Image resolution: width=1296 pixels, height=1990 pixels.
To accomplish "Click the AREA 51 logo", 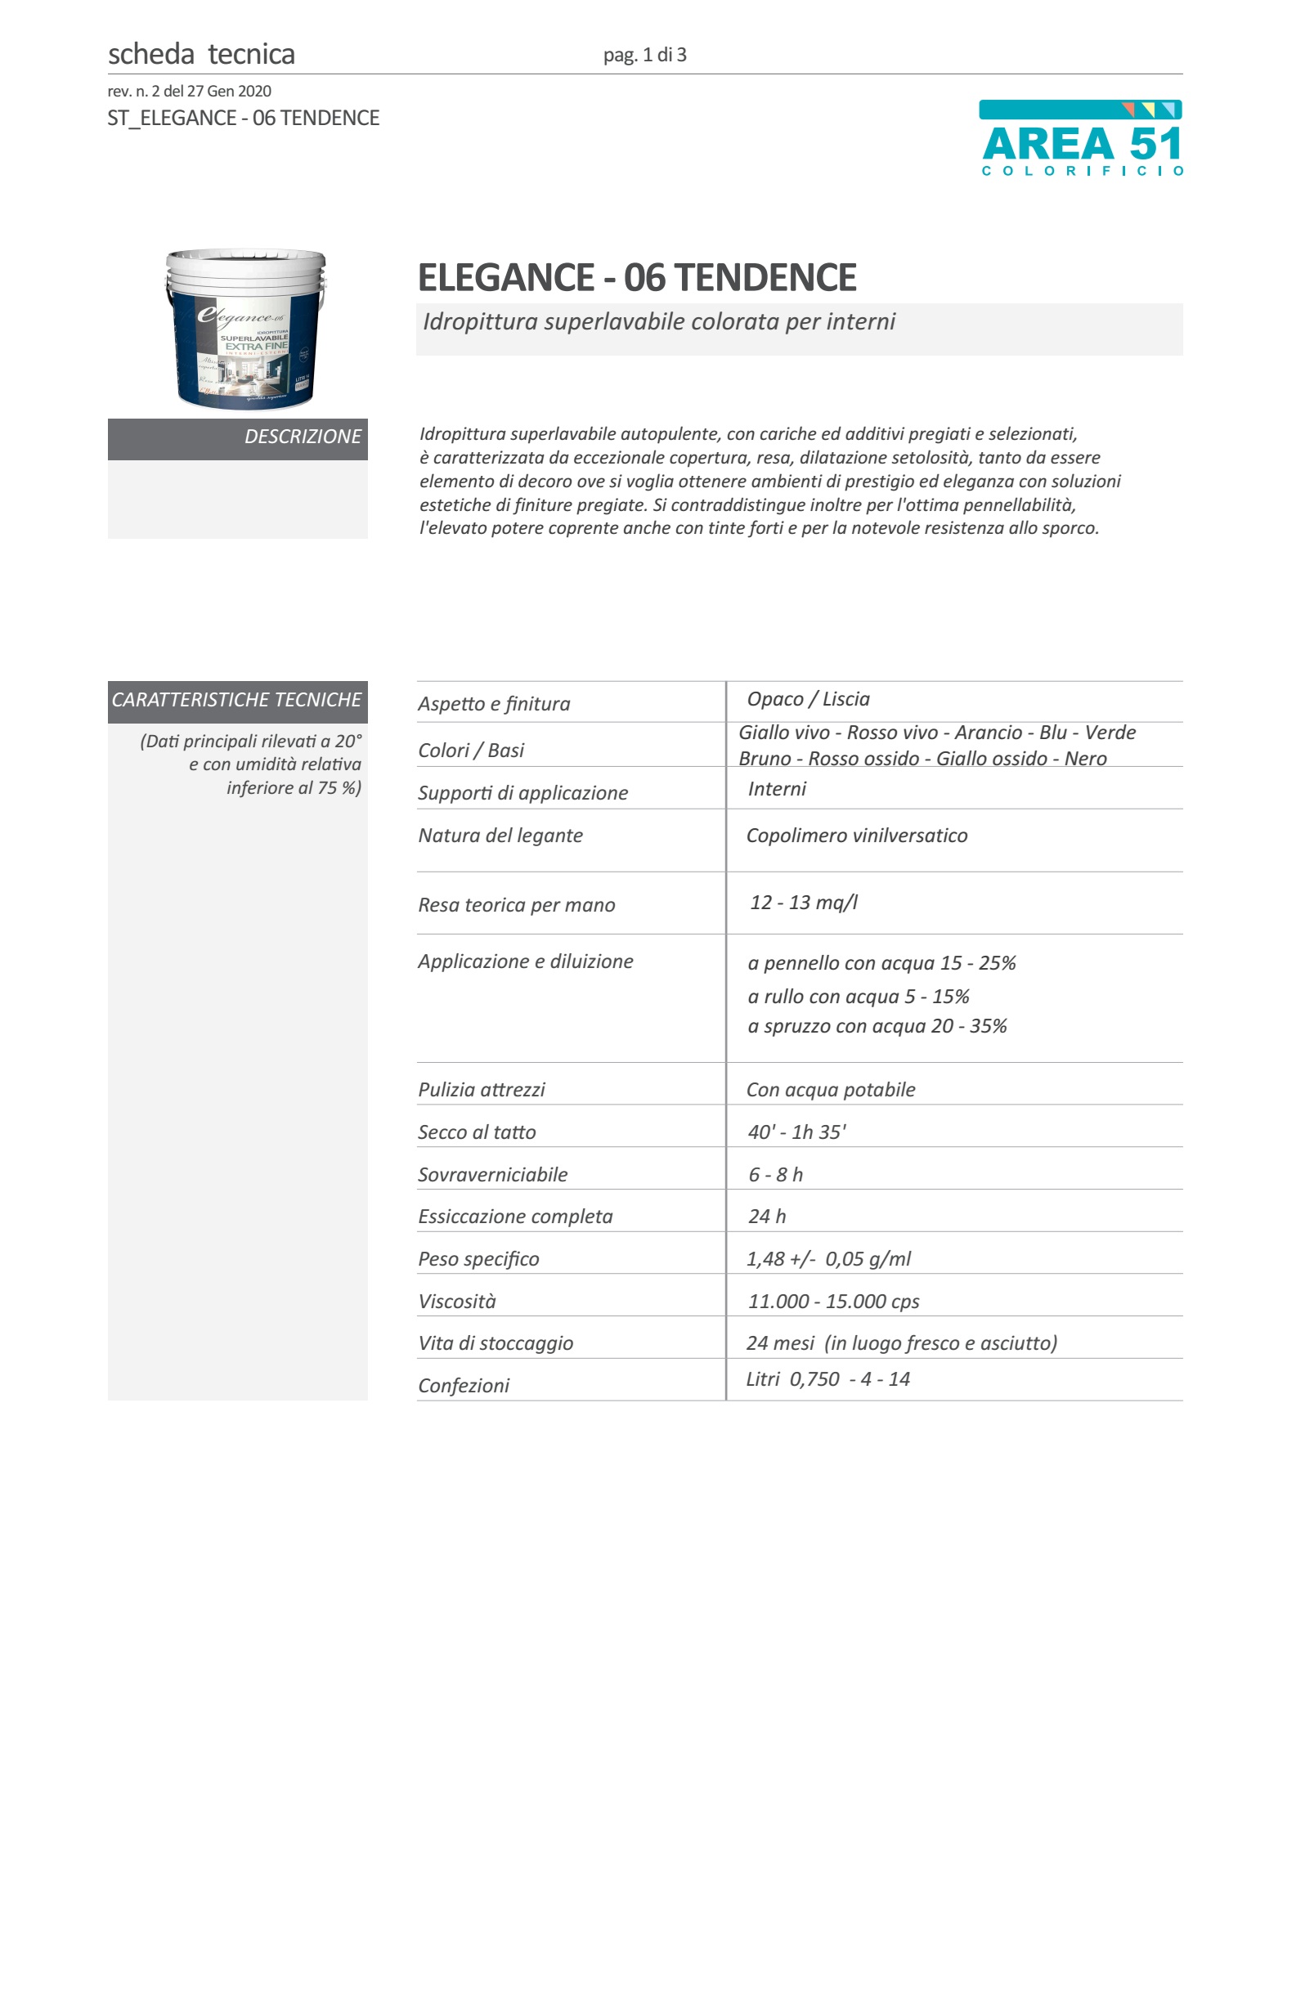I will point(1080,139).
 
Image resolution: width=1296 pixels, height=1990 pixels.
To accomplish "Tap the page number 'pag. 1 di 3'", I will point(644,55).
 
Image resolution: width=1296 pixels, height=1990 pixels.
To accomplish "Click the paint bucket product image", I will point(245,329).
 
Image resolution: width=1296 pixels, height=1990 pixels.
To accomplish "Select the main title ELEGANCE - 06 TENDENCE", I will point(636,278).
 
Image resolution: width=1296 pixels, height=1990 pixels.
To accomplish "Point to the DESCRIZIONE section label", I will point(302,437).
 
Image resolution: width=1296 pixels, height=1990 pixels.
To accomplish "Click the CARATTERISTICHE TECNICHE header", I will point(236,700).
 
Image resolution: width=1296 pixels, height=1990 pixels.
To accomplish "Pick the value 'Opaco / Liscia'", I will point(808,699).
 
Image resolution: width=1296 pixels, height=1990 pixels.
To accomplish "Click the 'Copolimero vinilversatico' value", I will point(856,836).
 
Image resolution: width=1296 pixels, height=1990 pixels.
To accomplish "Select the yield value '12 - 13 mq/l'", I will point(804,902).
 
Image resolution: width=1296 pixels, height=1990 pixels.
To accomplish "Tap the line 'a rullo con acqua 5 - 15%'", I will point(858,997).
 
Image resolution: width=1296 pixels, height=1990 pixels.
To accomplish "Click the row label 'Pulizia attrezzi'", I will point(482,1090).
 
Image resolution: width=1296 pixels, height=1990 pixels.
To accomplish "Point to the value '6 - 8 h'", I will point(775,1175).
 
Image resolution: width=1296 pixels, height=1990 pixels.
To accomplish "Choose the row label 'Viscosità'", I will point(457,1301).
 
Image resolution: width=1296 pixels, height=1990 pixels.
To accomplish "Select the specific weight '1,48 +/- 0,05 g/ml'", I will point(827,1259).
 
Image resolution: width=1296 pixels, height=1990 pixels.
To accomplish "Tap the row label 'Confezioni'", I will point(464,1386).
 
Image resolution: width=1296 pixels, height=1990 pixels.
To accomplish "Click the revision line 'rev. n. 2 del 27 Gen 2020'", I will point(189,91).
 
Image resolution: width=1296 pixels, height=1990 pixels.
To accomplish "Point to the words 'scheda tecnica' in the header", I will point(201,54).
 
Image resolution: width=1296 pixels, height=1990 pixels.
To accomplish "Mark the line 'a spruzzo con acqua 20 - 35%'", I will point(877,1026).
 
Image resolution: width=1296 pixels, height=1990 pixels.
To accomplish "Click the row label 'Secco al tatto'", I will point(477,1132).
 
